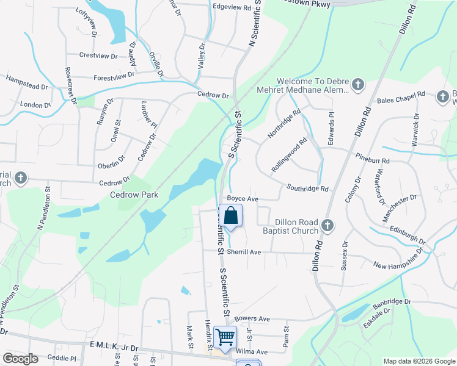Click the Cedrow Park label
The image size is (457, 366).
pos(133,195)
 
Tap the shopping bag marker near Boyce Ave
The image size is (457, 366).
pos(231,216)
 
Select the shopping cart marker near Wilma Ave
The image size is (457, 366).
pos(225,336)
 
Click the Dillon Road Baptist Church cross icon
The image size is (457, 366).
pos(327,226)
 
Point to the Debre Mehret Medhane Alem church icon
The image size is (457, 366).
pos(358,85)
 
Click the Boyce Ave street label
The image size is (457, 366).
pos(243,199)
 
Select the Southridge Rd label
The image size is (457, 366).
pos(307,189)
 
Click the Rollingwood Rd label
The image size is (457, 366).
pos(289,156)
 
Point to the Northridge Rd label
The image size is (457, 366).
pos(284,124)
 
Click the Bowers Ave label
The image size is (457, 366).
pos(252,318)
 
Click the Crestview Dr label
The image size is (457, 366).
pos(97,56)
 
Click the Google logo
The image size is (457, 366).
pos(20,359)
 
